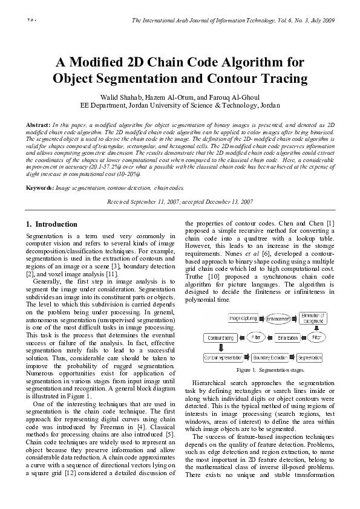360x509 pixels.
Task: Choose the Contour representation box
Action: [x=224, y=357]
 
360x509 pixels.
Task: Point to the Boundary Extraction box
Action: [x=270, y=357]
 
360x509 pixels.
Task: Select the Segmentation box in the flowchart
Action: [x=310, y=357]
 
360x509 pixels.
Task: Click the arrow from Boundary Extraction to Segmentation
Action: [x=293, y=357]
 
